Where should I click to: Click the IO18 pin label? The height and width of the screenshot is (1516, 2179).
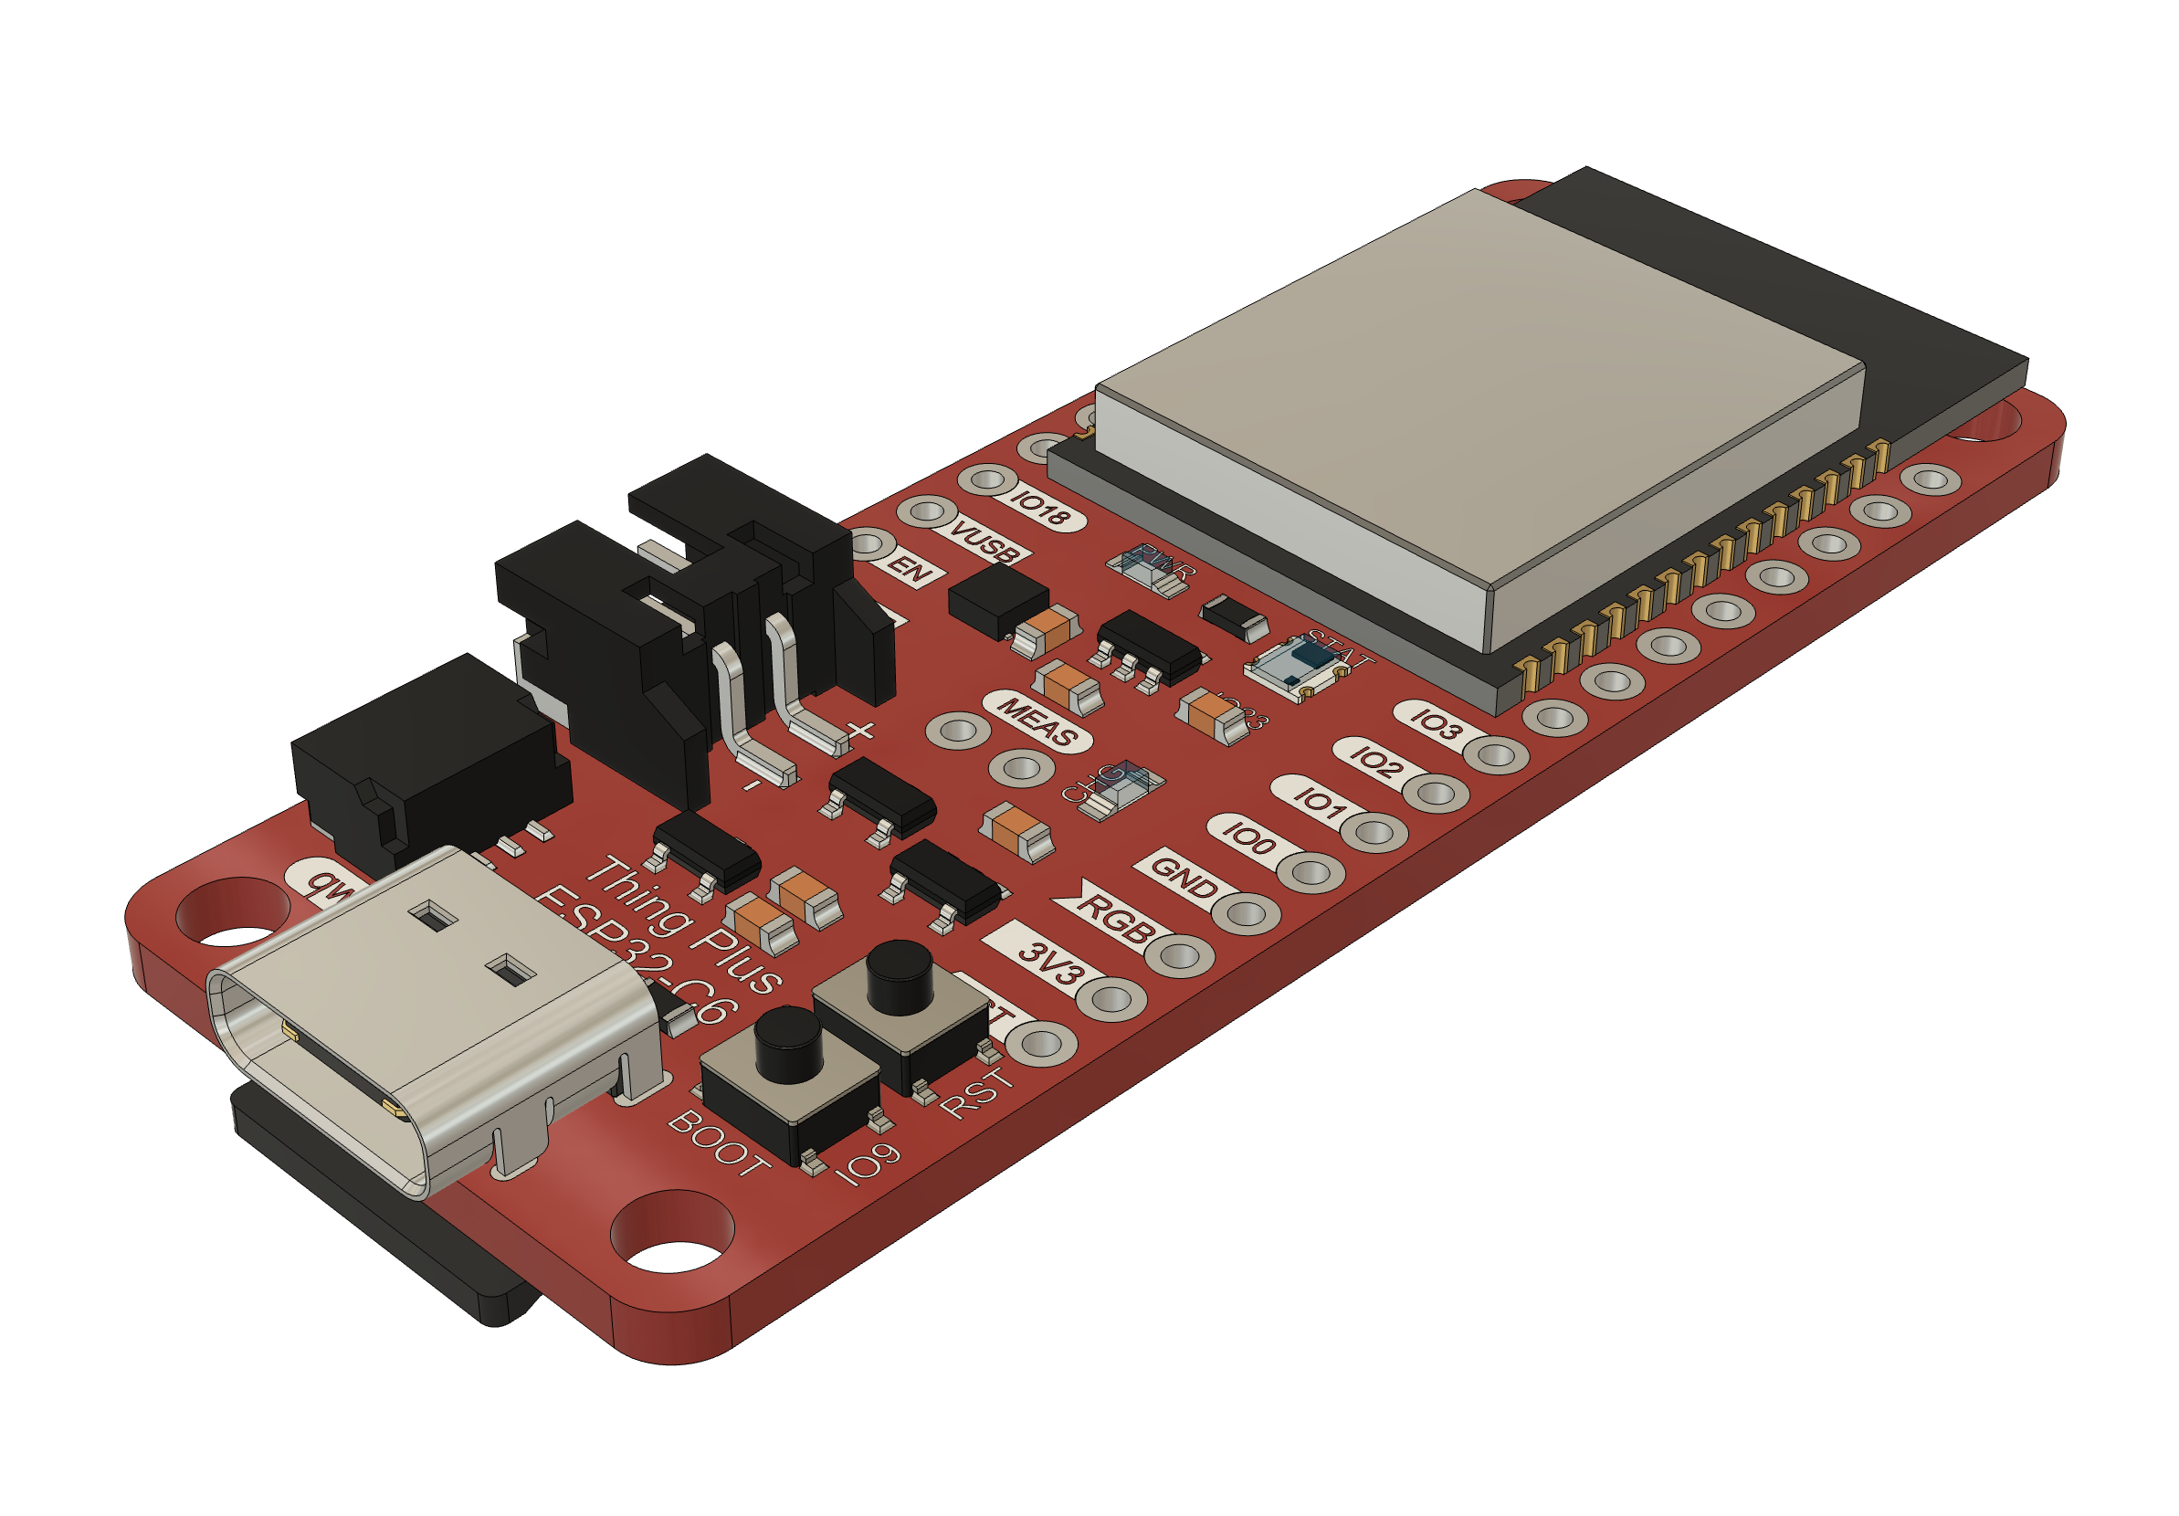1041,509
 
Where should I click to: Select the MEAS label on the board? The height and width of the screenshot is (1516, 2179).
1037,721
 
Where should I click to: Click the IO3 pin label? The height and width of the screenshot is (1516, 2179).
1436,725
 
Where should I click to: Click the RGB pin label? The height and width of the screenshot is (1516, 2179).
1114,918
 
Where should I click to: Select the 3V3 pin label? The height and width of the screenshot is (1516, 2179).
1047,963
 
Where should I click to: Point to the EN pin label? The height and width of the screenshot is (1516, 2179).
910,570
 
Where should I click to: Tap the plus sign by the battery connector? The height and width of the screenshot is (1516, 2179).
860,730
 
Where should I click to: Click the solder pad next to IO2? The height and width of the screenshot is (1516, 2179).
1436,792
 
